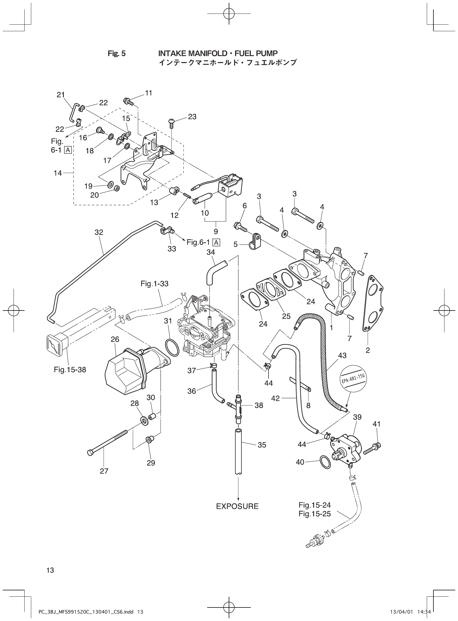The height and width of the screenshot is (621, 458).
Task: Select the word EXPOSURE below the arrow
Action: pyautogui.click(x=237, y=506)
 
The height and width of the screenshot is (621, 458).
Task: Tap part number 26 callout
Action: pyautogui.click(x=115, y=339)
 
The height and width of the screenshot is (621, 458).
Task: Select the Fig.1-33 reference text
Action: pyautogui.click(x=154, y=284)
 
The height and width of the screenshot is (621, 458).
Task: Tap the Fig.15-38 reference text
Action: pyautogui.click(x=70, y=370)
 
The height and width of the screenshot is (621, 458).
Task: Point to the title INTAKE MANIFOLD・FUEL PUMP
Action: pyautogui.click(x=218, y=53)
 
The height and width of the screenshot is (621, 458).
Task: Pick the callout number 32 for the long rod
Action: pyautogui.click(x=99, y=232)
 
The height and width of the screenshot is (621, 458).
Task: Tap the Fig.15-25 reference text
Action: pyautogui.click(x=315, y=514)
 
